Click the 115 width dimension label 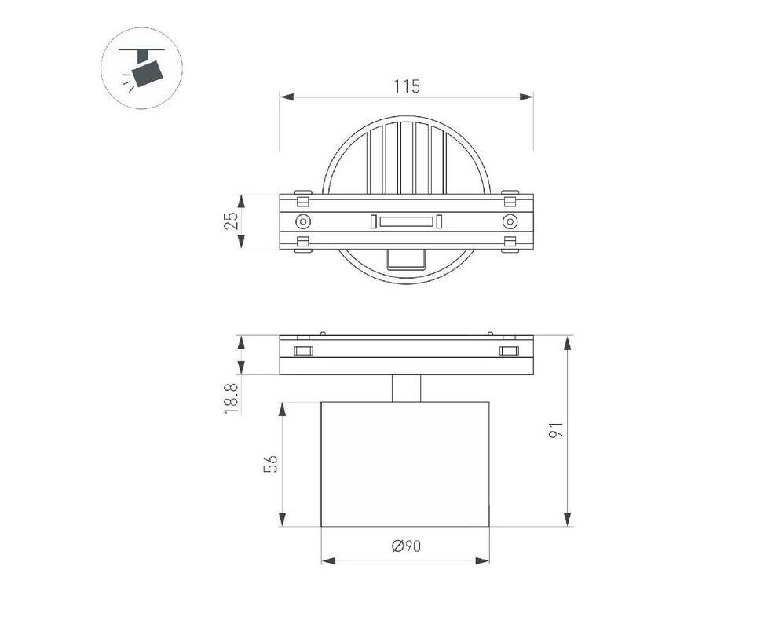point(407,86)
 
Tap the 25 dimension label point(232,221)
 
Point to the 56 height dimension point(271,464)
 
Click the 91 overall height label point(557,430)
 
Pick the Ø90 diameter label point(407,546)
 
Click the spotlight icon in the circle point(143,68)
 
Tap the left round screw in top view point(303,222)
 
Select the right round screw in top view point(510,222)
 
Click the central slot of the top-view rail point(407,221)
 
